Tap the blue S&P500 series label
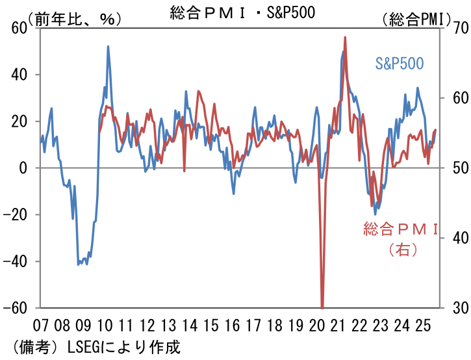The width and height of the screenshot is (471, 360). (x=400, y=63)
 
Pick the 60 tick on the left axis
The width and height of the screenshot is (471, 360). (x=18, y=28)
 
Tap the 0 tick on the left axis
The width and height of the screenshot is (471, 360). (x=23, y=168)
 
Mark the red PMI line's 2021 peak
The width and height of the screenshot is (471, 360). (x=345, y=37)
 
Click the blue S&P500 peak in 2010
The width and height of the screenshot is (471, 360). (x=108, y=46)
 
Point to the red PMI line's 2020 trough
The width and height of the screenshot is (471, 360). (x=322, y=307)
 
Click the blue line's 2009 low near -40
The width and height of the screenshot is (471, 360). (x=79, y=264)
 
